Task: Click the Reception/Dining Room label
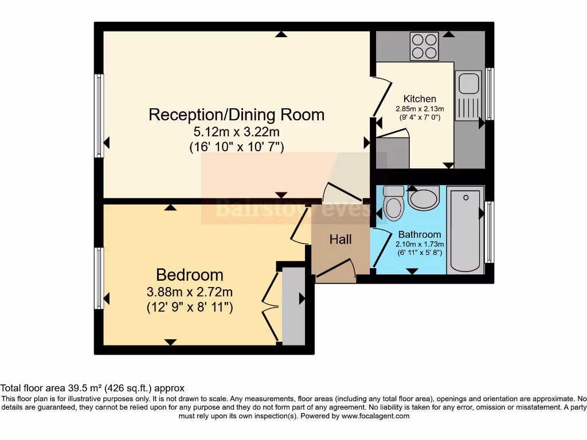pyautogui.click(x=236, y=115)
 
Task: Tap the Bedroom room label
pyautogui.click(x=189, y=274)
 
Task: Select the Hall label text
pyautogui.click(x=341, y=239)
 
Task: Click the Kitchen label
pyautogui.click(x=420, y=99)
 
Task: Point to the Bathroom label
pyautogui.click(x=420, y=234)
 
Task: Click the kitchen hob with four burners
pyautogui.click(x=424, y=46)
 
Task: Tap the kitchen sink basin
pyautogui.click(x=468, y=84)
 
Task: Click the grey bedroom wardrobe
pyautogui.click(x=293, y=306)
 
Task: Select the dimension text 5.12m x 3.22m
pyautogui.click(x=236, y=131)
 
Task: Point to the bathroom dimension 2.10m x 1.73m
pyautogui.click(x=420, y=244)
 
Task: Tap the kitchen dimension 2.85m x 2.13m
pyautogui.click(x=420, y=109)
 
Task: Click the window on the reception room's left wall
pyautogui.click(x=99, y=115)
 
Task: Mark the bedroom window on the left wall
pyautogui.click(x=99, y=278)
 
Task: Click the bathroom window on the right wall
pyautogui.click(x=489, y=232)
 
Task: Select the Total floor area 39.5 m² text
pyautogui.click(x=92, y=388)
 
